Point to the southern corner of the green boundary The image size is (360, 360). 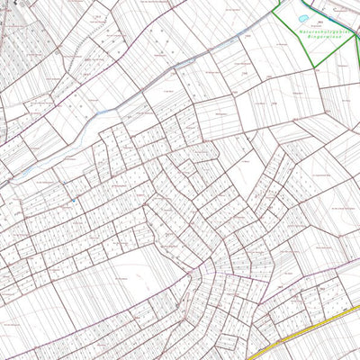point(310,65)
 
